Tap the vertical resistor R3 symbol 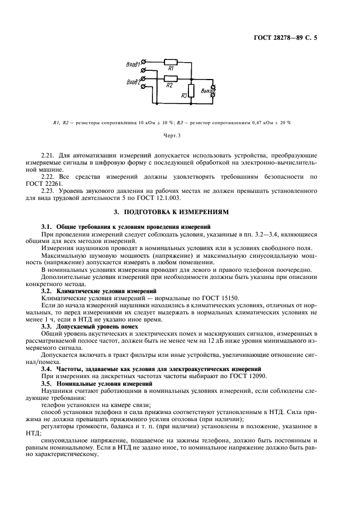point(191,92)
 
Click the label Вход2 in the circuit point(132,82)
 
